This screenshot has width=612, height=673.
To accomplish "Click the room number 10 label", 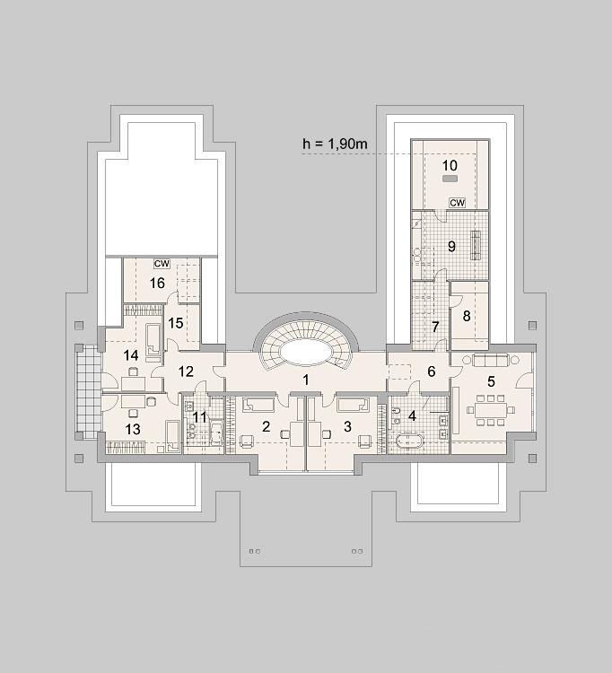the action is (450, 165).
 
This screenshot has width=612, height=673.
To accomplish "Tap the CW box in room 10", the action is (457, 203).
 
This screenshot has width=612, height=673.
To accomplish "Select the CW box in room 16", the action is (162, 264).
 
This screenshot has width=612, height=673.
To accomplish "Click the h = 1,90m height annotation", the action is (335, 144).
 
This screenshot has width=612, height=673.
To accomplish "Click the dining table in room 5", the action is (490, 410).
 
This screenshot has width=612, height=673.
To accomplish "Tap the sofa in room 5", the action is (491, 359).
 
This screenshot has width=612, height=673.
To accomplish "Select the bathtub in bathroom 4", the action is (409, 442).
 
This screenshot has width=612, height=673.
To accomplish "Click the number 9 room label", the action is (451, 247).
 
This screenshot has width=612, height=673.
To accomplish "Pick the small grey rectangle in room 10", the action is (450, 179).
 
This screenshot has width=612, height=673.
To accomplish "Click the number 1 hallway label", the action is (306, 380).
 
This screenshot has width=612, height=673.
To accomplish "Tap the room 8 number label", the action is (467, 316).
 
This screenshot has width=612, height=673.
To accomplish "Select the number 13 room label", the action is (133, 429).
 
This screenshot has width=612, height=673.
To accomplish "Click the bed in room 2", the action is (258, 406).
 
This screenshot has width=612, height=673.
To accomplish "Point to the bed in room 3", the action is (354, 406).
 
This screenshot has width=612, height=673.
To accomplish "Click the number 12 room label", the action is (186, 371).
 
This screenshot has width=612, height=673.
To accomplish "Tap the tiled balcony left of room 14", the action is (88, 391).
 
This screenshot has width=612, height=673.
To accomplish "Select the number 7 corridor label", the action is (435, 327).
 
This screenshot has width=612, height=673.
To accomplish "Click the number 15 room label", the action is (176, 323).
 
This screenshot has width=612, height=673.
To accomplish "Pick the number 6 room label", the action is (432, 371).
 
